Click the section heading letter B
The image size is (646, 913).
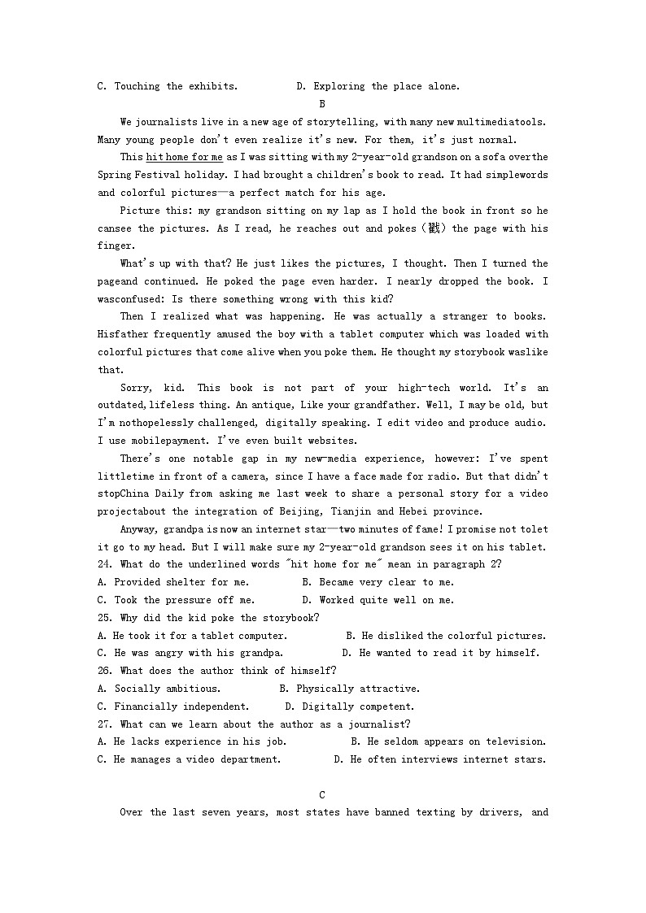322,104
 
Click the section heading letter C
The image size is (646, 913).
322,794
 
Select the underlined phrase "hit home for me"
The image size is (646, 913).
184,157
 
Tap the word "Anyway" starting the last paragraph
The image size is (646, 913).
139,529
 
